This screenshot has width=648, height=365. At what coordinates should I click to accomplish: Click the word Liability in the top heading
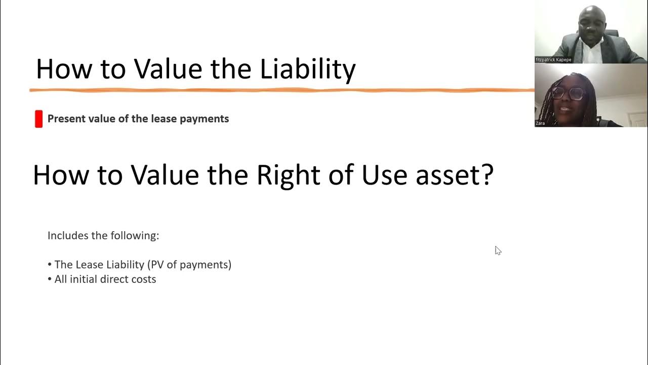coord(308,69)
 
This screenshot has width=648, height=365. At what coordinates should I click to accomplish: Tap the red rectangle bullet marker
coord(38,119)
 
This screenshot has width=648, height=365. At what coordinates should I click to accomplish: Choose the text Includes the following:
coord(103,236)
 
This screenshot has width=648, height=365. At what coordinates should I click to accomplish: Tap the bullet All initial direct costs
coord(105,279)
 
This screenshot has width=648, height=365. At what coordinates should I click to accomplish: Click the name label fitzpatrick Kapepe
coord(553,60)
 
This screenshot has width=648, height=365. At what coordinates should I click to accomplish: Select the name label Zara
coord(540,123)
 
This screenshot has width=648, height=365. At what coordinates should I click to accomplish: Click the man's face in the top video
coord(588,20)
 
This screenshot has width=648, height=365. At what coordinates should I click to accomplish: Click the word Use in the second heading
coord(384,175)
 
